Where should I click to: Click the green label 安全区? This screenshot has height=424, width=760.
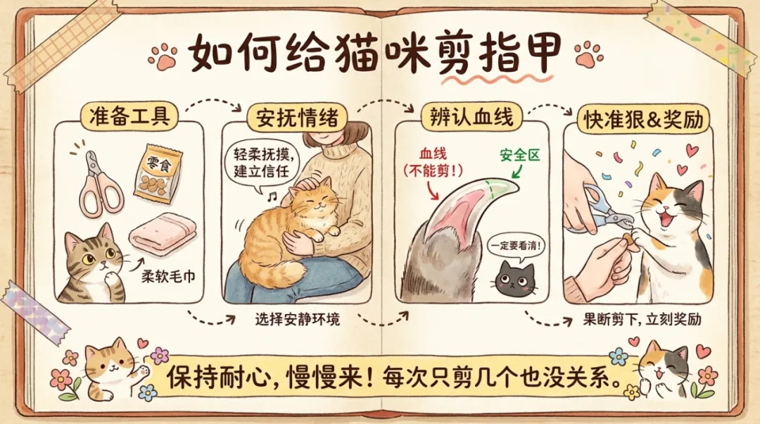pos(519,154)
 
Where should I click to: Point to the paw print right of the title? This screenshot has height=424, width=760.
pos(587,54)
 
